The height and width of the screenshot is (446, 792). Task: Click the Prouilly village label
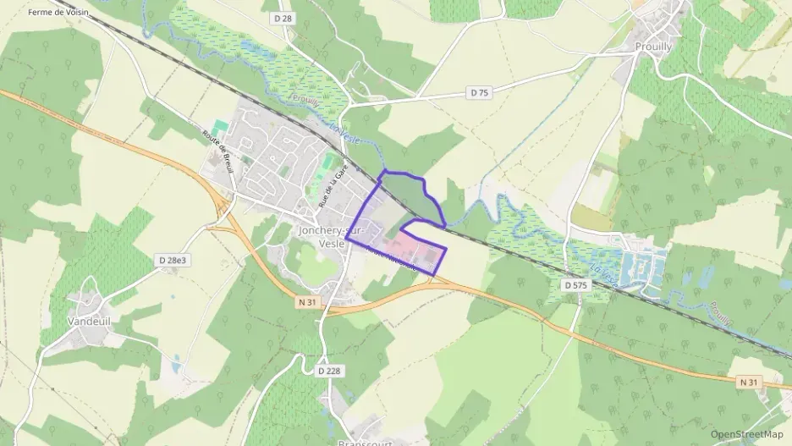(652, 47)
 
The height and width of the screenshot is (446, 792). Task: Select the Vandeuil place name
(89, 322)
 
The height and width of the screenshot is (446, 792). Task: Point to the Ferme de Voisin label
(58, 13)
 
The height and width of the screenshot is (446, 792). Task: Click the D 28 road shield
(283, 18)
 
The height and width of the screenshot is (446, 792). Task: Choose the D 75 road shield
(479, 93)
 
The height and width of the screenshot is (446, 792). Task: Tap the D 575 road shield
(575, 286)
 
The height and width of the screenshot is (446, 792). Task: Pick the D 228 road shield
(330, 371)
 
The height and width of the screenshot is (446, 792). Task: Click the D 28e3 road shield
(171, 260)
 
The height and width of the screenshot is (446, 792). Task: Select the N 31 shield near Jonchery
(307, 301)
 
